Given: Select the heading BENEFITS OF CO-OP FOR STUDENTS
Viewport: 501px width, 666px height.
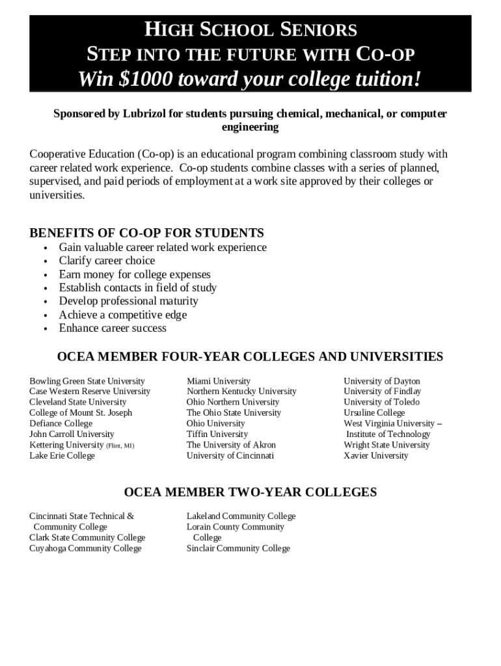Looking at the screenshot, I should pos(146,233).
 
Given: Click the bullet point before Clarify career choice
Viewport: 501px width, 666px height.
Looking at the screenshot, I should pos(46,261).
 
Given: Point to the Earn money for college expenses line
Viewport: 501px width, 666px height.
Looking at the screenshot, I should pos(135,274).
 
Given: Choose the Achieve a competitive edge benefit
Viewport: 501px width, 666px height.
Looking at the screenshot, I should pos(123,315).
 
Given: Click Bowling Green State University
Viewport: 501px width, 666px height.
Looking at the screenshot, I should pos(87,381).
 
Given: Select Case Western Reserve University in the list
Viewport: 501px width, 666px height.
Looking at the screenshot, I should pos(90,392).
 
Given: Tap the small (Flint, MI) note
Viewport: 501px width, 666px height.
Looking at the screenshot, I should pos(120,446).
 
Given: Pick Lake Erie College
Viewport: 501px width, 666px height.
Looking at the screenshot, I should pos(62,456).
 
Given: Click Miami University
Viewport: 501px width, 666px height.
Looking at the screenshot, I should pos(218,381).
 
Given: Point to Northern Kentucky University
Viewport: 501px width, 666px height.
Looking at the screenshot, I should pos(241,392).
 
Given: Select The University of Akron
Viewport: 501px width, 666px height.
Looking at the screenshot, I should pos(231,445).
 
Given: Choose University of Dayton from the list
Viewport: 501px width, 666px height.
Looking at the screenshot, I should pos(382,381).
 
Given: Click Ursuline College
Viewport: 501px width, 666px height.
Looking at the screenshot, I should pos(374,413).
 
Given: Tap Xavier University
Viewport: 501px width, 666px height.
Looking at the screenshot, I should pos(376,456).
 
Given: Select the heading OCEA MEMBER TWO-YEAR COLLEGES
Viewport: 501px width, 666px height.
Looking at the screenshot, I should pos(250,492).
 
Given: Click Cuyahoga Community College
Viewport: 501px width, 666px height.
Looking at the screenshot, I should pos(85,548).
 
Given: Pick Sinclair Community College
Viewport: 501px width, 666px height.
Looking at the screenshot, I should pos(238,548).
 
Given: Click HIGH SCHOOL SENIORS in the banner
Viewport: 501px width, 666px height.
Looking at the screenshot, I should pos(250,30).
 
